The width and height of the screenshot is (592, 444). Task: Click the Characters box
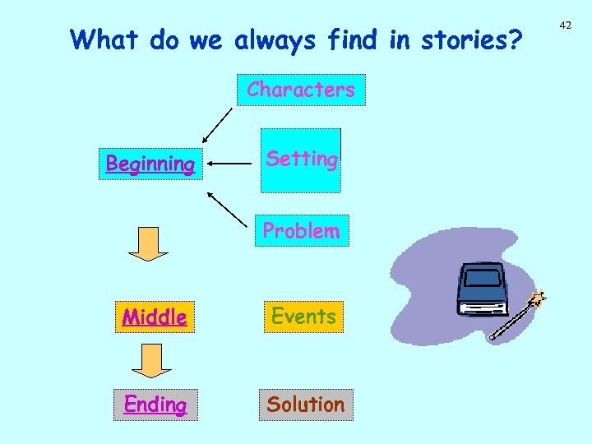(301, 90)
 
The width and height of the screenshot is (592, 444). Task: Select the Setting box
(301, 160)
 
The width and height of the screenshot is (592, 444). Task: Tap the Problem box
(301, 231)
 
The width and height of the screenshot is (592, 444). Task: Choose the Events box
(303, 317)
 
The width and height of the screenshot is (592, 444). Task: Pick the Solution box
(306, 405)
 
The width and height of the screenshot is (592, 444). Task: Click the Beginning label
(150, 164)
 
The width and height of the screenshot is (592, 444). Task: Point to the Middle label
(155, 317)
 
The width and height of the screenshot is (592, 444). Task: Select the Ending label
(155, 405)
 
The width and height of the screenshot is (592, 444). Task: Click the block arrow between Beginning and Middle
(148, 244)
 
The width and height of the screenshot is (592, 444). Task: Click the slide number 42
(565, 25)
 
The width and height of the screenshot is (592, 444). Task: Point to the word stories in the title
(470, 39)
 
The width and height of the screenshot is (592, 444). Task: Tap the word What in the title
(104, 39)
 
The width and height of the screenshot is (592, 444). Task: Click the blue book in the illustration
(484, 289)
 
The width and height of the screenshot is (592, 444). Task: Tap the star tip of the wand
(540, 298)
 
